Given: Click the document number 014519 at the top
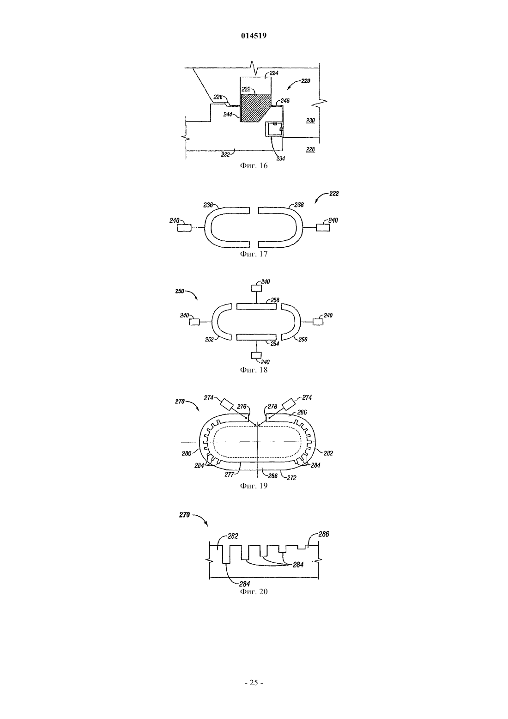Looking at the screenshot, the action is pyautogui.click(x=254, y=36).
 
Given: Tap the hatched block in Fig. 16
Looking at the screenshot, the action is pyautogui.click(x=255, y=108).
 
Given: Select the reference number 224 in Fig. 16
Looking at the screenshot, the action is pyautogui.click(x=273, y=73).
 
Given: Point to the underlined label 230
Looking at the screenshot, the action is pyautogui.click(x=310, y=121).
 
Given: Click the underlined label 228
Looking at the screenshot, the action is pyautogui.click(x=310, y=149).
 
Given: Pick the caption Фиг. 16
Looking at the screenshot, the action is pyautogui.click(x=254, y=165).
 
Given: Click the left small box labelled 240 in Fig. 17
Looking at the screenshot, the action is pyautogui.click(x=184, y=228).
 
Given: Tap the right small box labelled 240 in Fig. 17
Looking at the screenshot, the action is pyautogui.click(x=323, y=227).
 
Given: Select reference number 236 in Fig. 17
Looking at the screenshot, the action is pyautogui.click(x=208, y=205).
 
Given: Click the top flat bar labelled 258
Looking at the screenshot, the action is pyautogui.click(x=256, y=306).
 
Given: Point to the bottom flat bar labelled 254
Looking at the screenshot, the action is pyautogui.click(x=256, y=337).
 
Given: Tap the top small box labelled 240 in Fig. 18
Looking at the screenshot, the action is pyautogui.click(x=256, y=288).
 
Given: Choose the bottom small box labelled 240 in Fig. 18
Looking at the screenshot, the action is pyautogui.click(x=256, y=355).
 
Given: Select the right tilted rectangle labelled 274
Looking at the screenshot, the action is pyautogui.click(x=290, y=404).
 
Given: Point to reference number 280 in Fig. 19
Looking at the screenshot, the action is pyautogui.click(x=186, y=454).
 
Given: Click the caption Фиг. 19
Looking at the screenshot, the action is pyautogui.click(x=254, y=486).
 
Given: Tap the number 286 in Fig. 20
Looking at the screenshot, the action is pyautogui.click(x=324, y=534).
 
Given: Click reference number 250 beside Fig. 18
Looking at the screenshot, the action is pyautogui.click(x=180, y=291).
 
